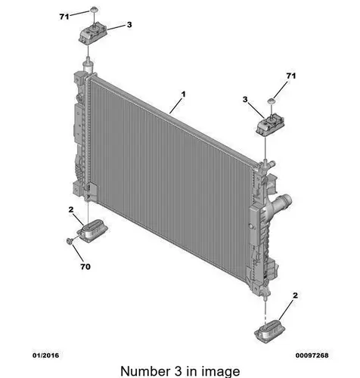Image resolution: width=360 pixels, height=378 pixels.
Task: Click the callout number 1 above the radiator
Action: pyautogui.click(x=184, y=94)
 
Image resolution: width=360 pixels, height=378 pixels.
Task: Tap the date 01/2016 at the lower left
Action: pyautogui.click(x=46, y=355)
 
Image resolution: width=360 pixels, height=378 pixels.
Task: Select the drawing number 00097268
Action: pyautogui.click(x=312, y=355)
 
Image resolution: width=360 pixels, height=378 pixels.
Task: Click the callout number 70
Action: pyautogui.click(x=85, y=267)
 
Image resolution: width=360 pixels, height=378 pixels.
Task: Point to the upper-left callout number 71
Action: pyautogui.click(x=64, y=17)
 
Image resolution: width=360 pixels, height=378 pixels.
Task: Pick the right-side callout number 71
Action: pyautogui.click(x=291, y=76)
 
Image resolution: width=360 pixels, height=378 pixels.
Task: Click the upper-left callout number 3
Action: pyautogui.click(x=129, y=25)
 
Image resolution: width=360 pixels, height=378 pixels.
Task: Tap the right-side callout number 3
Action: pyautogui.click(x=245, y=100)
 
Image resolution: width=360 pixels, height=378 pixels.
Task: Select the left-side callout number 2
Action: pyautogui.click(x=71, y=209)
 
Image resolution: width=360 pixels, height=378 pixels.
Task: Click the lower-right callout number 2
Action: pyautogui.click(x=295, y=296)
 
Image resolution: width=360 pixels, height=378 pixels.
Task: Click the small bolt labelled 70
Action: pyautogui.click(x=70, y=240)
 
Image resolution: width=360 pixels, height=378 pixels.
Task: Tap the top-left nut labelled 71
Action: pyautogui.click(x=94, y=10)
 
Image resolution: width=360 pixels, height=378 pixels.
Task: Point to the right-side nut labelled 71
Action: pyautogui.click(x=271, y=101)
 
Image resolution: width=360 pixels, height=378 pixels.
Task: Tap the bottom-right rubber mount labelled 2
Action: pyautogui.click(x=270, y=331)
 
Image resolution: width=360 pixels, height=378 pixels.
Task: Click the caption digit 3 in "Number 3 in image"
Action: pyautogui.click(x=178, y=371)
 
